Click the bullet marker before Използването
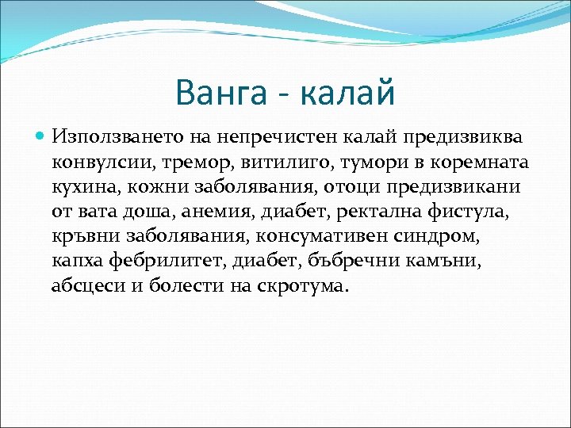point(42,137)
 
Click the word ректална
point(376,212)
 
